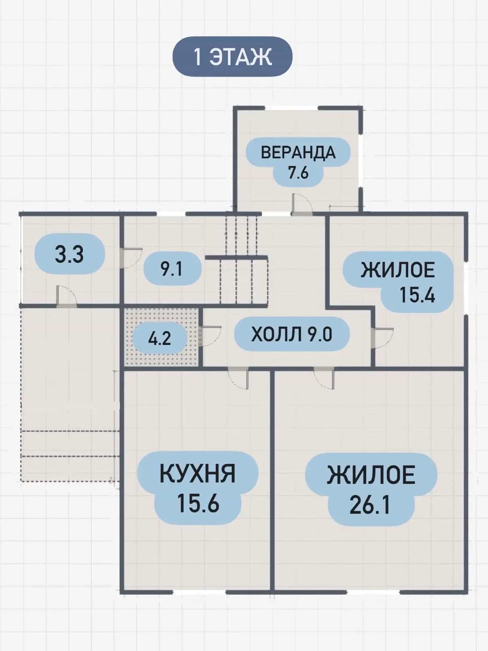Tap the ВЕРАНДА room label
[x=298, y=153]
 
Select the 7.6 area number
[x=298, y=172]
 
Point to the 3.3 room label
[x=69, y=254]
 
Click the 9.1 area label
[x=172, y=269]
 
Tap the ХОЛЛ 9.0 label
[x=292, y=334]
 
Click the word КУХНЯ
[x=197, y=474]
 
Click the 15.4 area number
[x=417, y=295]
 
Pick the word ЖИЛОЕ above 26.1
[x=371, y=475]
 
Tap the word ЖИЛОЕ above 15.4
[x=398, y=270]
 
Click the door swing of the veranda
[x=301, y=204]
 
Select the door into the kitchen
[x=238, y=378]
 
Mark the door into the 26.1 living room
[x=324, y=378]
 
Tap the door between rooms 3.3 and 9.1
[x=131, y=258]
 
